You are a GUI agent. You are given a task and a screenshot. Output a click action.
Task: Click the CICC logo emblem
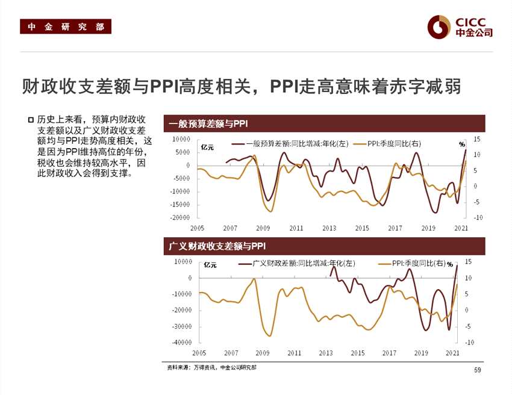(439, 26)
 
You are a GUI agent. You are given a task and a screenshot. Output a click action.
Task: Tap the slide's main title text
(241, 86)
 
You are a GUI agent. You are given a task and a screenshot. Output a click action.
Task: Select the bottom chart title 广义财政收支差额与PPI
(216, 246)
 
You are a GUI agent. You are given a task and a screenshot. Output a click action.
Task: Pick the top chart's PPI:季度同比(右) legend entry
(386, 144)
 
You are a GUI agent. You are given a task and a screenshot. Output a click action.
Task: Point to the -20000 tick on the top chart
(181, 217)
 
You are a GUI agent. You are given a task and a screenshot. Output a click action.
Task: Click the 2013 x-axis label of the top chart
(329, 228)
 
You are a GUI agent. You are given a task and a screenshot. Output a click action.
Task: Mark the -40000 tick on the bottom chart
(182, 343)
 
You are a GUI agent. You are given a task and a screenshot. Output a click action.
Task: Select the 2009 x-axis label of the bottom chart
(262, 353)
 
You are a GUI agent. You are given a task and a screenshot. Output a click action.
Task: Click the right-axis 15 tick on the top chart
(476, 139)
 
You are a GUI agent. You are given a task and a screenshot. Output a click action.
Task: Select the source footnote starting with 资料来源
(211, 367)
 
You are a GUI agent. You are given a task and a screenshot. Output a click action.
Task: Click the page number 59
(478, 370)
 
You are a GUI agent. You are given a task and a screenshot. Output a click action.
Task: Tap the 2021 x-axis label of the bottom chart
(452, 353)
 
